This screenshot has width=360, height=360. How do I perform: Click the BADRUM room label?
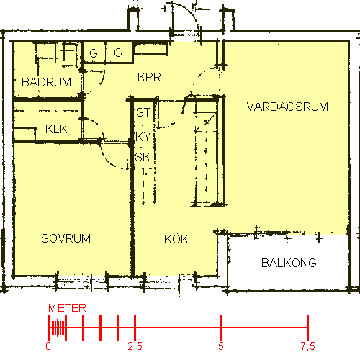(x=46, y=82)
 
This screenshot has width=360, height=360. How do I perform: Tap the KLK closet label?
(x=56, y=129)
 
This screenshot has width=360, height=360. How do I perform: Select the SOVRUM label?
(x=66, y=238)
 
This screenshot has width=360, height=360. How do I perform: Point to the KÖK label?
(x=176, y=239)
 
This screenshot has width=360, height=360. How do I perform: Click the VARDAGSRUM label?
(x=287, y=107)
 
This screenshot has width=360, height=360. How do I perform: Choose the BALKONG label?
(x=289, y=263)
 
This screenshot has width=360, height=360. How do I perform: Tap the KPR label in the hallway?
(x=149, y=77)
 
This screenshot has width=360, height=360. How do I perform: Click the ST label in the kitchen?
(x=143, y=112)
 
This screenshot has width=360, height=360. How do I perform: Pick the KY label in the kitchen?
(x=143, y=137)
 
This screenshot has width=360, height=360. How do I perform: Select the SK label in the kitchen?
(x=143, y=157)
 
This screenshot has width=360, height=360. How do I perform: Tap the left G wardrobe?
(x=94, y=53)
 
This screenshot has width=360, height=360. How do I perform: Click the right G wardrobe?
(x=119, y=53)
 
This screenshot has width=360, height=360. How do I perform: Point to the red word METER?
(x=67, y=308)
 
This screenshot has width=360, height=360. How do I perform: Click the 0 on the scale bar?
(x=48, y=346)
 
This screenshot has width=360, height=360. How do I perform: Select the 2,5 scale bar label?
(x=135, y=346)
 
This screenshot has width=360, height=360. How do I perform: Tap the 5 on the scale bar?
(x=221, y=346)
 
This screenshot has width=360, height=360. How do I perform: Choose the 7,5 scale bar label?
(x=308, y=346)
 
